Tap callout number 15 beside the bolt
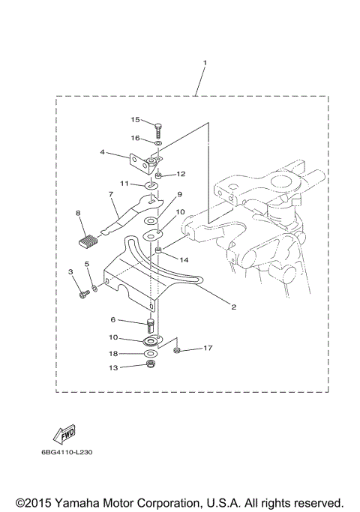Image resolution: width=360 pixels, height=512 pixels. tap(136, 119)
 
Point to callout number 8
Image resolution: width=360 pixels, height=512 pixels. tap(77, 214)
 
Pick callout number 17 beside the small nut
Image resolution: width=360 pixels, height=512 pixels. tap(208, 348)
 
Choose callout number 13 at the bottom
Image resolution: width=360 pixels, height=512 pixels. tap(113, 367)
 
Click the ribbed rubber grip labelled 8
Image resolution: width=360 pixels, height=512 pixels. tap(88, 241)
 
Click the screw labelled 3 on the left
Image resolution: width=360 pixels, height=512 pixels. tap(82, 295)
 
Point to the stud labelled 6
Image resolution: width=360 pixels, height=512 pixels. tap(152, 326)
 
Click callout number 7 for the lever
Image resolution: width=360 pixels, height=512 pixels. tap(109, 194)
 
